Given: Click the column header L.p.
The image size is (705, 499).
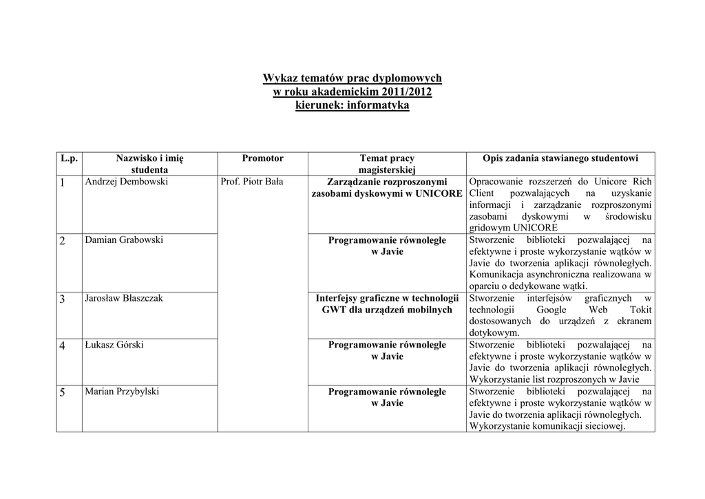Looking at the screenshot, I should tap(69, 158).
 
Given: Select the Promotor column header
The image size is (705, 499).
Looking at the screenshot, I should tap(262, 158).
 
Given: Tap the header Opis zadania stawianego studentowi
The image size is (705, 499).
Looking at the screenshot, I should tap(560, 158).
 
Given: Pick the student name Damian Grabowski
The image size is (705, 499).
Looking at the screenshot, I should tap(123, 240).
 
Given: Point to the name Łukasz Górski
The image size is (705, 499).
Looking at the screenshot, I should tap(114, 345).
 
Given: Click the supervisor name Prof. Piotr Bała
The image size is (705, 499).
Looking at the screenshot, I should tap(252, 182).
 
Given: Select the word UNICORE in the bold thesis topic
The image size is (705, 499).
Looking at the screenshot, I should tap(439, 194).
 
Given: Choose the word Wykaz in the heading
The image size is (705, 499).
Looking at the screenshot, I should tap(280, 78).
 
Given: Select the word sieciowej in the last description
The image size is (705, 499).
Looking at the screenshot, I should tap(601, 427).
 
